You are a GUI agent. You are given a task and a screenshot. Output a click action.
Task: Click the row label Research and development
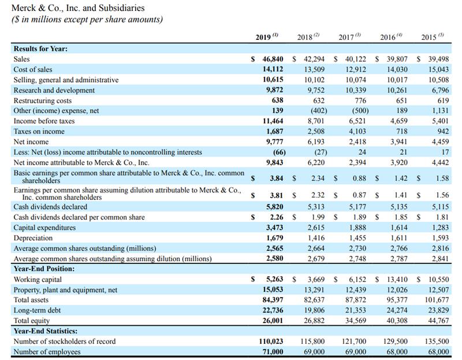pyautogui.click(x=54, y=90)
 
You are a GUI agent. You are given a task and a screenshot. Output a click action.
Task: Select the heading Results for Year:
pyautogui.click(x=40, y=49)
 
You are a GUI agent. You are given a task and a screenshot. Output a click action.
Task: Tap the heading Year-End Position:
pyautogui.click(x=42, y=269)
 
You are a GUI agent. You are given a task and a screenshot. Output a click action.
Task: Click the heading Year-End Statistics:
pyautogui.click(x=44, y=331)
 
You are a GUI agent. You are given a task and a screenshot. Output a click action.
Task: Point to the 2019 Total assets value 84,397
pyautogui.click(x=269, y=300)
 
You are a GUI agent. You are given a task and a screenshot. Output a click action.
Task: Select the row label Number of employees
pyautogui.click(x=47, y=352)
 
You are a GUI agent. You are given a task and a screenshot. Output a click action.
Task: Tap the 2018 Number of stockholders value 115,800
pyautogui.click(x=312, y=342)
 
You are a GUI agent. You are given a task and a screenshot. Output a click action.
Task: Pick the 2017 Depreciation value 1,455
pyautogui.click(x=359, y=238)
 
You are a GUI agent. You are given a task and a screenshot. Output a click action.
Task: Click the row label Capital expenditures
pyautogui.click(x=44, y=228)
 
